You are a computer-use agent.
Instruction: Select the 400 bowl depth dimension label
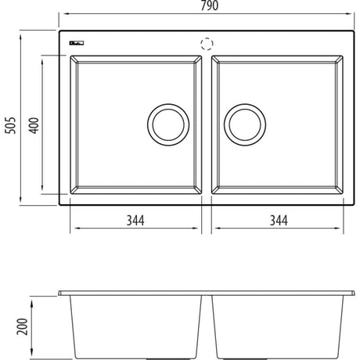click(x=34, y=124)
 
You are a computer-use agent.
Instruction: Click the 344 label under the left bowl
click(x=136, y=221)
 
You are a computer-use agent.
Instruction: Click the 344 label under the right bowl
click(x=278, y=221)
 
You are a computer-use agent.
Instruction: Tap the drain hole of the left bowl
click(x=167, y=123)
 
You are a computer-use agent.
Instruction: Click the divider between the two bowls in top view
click(x=207, y=125)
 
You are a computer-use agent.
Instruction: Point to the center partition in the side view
click(x=207, y=325)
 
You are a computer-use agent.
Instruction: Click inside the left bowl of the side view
click(x=137, y=325)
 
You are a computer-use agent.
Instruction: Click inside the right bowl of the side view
click(x=278, y=325)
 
